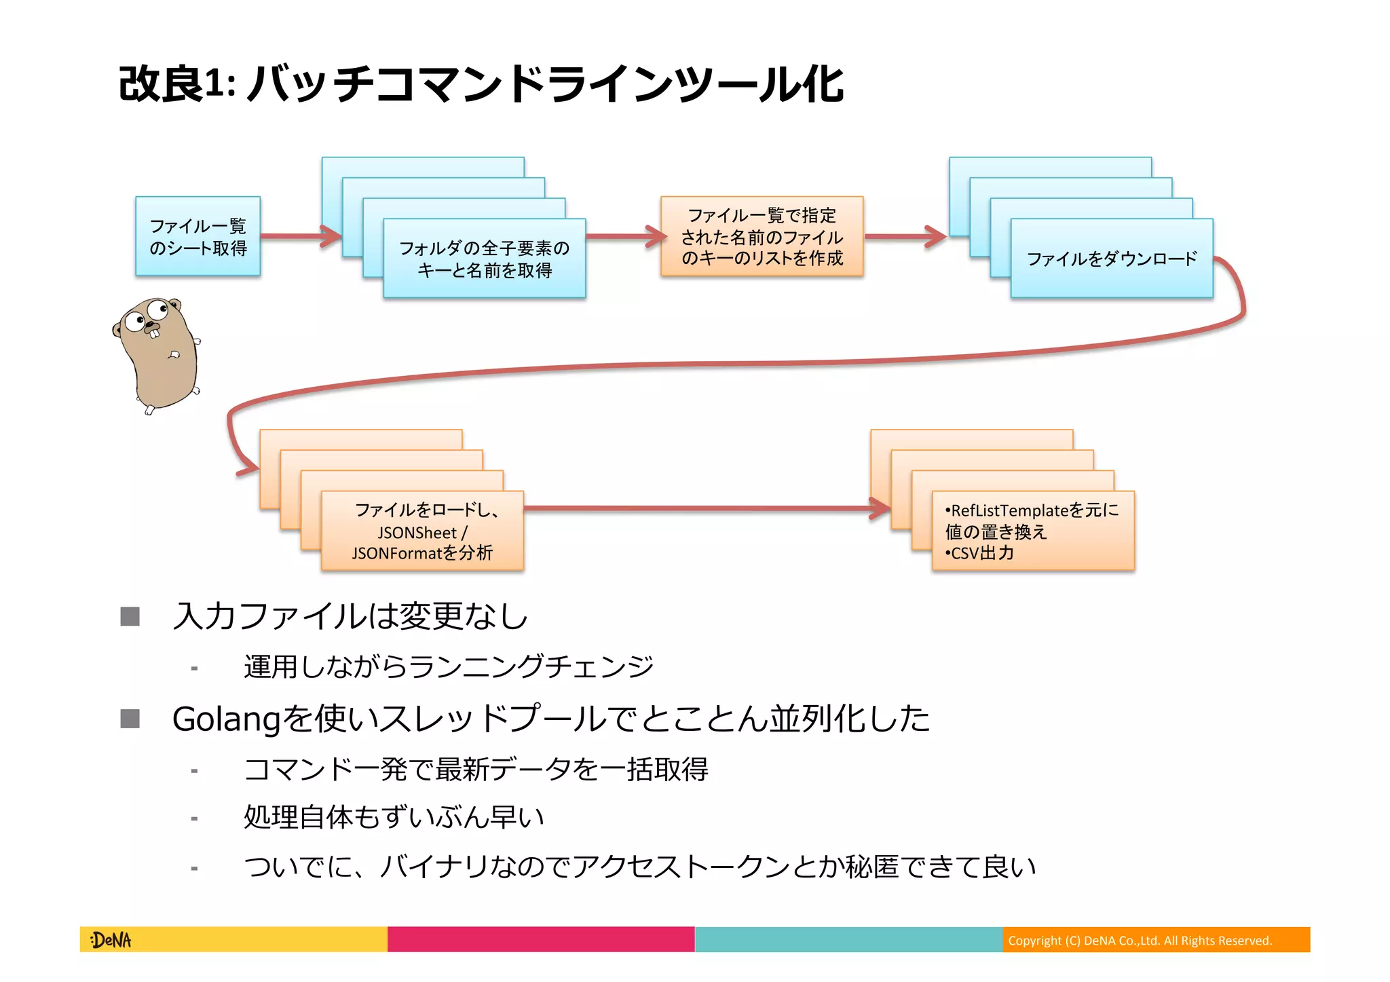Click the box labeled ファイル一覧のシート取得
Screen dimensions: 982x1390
click(198, 236)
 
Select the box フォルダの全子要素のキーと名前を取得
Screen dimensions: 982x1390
click(484, 259)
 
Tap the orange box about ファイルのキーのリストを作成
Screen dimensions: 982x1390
click(762, 236)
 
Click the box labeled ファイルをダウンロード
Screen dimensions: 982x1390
click(1111, 259)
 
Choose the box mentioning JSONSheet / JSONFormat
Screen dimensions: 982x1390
click(422, 531)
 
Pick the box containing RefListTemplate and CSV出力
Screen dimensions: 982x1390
click(1032, 531)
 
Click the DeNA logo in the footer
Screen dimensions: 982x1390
click(111, 940)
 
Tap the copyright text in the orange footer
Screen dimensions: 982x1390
click(1140, 941)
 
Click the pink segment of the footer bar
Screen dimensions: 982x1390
click(541, 940)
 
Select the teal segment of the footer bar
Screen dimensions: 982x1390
click(848, 940)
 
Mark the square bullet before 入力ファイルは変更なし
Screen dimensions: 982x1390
click(130, 616)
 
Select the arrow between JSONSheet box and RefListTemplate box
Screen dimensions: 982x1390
click(699, 508)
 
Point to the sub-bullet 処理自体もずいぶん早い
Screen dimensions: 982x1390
click(394, 817)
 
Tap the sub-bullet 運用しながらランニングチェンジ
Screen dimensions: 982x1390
click(449, 666)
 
